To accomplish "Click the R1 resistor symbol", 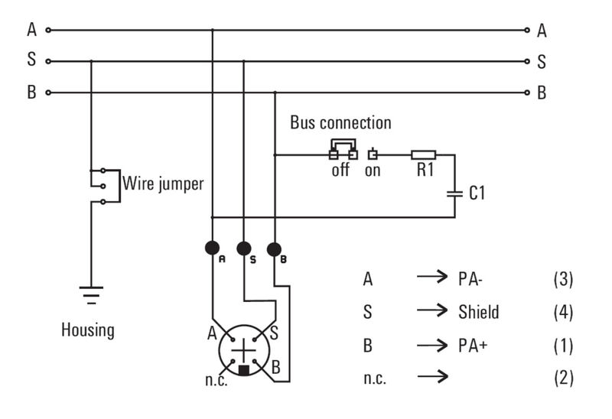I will click(424, 155).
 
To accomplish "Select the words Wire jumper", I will click(163, 184).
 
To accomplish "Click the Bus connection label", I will click(340, 122).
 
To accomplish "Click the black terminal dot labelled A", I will click(212, 248).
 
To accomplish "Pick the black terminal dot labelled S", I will click(243, 248).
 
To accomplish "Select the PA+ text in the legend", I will click(474, 345).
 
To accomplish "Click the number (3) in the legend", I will click(562, 279).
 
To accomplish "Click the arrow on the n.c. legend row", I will click(431, 378).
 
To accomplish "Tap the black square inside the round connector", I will click(243, 370).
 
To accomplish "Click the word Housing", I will click(88, 331).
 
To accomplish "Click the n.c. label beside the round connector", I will click(216, 379).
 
